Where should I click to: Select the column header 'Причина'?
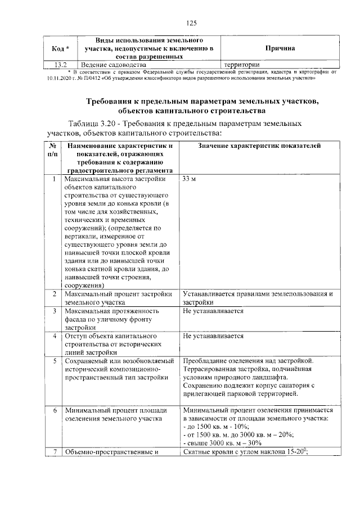(280, 49)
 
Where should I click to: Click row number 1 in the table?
(53, 179)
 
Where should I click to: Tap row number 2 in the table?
(53, 294)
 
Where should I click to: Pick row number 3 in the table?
(53, 311)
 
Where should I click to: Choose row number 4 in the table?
(53, 336)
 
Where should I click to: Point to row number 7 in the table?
(53, 452)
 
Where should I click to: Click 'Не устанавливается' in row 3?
(213, 311)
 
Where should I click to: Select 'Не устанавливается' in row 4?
(213, 336)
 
